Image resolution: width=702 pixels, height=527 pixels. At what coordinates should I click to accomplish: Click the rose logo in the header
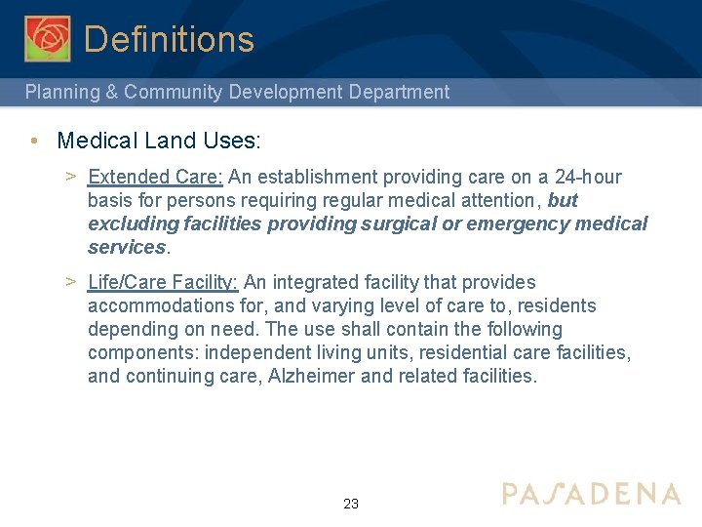pyautogui.click(x=47, y=38)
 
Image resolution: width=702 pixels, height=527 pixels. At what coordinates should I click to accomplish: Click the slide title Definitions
pyautogui.click(x=169, y=39)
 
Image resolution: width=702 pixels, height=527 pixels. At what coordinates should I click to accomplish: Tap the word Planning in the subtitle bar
pyautogui.click(x=61, y=93)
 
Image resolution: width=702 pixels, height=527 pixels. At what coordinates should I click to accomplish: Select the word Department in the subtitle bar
pyautogui.click(x=402, y=93)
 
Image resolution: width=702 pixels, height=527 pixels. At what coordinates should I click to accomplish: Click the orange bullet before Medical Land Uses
pyautogui.click(x=34, y=141)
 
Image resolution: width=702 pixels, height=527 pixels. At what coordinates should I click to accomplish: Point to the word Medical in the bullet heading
pyautogui.click(x=97, y=141)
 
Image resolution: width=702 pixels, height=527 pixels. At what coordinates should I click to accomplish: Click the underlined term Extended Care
pyautogui.click(x=156, y=178)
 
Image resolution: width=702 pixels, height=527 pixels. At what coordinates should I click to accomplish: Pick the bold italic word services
pyautogui.click(x=127, y=248)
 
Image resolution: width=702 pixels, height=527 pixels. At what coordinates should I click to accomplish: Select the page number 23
pyautogui.click(x=351, y=505)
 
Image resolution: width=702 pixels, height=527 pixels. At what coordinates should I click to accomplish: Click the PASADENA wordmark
pyautogui.click(x=591, y=493)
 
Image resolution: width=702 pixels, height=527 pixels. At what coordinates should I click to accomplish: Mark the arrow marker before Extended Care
pyautogui.click(x=71, y=177)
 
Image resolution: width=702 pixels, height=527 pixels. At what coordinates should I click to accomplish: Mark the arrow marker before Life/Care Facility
pyautogui.click(x=71, y=282)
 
